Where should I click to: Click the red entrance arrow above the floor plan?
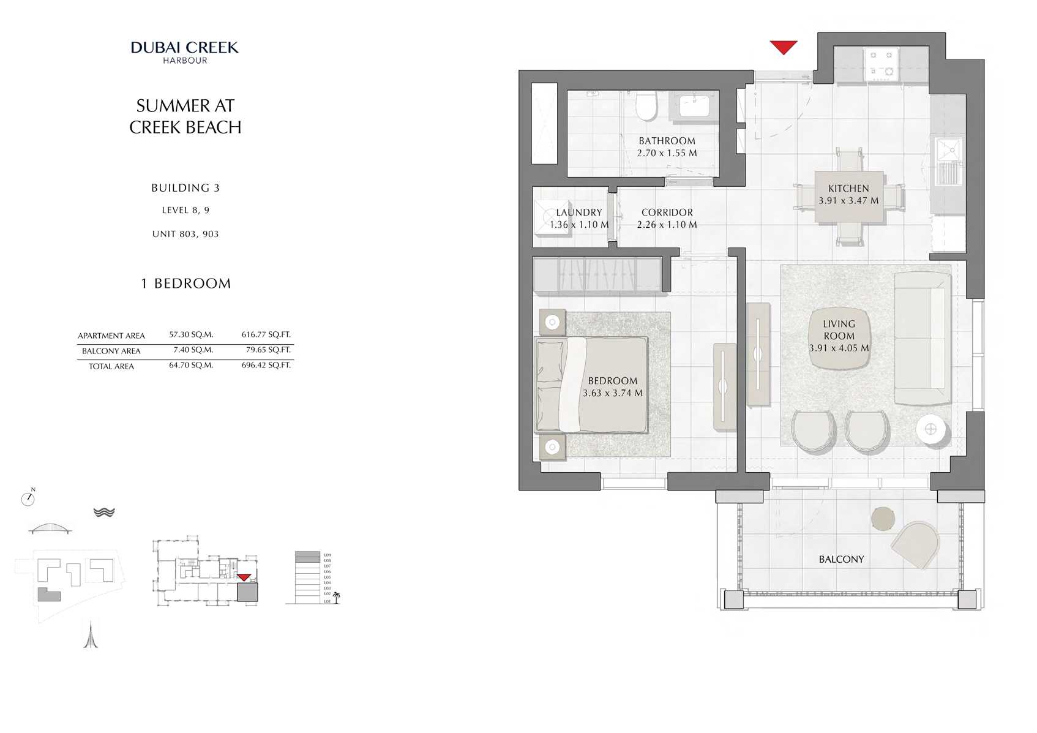pos(783,47)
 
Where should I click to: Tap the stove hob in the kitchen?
pos(882,64)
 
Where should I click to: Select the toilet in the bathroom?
pos(646,105)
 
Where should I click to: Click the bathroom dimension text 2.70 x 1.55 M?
pos(667,153)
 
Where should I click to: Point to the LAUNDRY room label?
pos(578,212)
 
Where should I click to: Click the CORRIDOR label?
pos(667,212)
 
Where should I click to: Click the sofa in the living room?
pos(921,338)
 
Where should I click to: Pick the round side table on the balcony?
pos(883,519)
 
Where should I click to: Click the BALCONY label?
pos(841,559)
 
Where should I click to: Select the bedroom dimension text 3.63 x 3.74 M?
pos(612,393)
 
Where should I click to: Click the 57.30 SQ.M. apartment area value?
pos(191,334)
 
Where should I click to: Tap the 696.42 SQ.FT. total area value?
pos(266,365)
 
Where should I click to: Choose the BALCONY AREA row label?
pos(111,351)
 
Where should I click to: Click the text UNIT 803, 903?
pos(185,234)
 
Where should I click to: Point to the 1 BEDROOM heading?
pos(185,284)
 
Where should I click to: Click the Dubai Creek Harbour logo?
pos(184,51)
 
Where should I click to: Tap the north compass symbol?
pos(28,498)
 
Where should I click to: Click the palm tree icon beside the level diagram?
pos(336,598)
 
